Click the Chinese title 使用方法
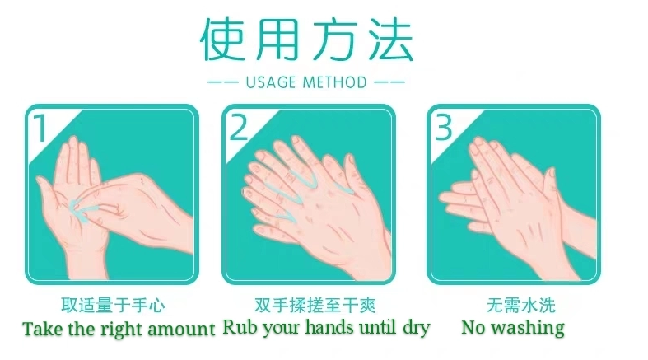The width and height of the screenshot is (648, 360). click(x=306, y=40)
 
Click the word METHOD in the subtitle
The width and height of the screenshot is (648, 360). click(x=335, y=82)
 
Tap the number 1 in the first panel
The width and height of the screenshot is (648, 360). click(x=40, y=128)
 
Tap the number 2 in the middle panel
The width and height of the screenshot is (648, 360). click(x=238, y=128)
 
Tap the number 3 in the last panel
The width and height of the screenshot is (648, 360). click(x=444, y=128)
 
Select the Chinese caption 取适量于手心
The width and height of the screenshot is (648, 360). click(x=113, y=306)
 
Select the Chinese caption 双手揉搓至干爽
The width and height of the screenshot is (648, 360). click(x=315, y=306)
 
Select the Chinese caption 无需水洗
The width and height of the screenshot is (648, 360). click(x=520, y=306)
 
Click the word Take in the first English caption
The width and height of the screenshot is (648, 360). click(x=44, y=329)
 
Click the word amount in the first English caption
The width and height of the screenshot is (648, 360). click(x=181, y=330)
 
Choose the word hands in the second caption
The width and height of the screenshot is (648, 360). click(x=329, y=327)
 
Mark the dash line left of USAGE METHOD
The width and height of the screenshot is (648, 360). click(x=223, y=82)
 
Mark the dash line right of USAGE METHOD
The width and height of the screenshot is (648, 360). click(x=389, y=82)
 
